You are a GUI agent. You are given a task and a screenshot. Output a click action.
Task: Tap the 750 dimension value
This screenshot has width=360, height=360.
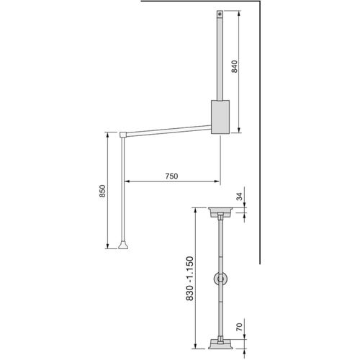click(x=171, y=176)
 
